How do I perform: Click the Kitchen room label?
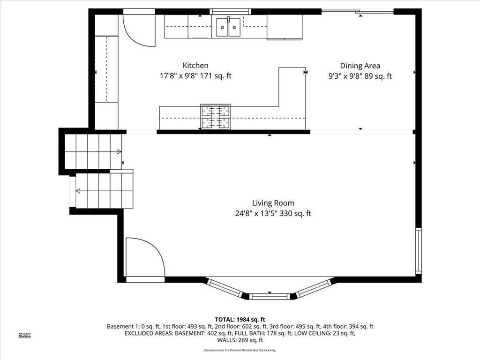195,66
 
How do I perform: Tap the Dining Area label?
360,66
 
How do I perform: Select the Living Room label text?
273,203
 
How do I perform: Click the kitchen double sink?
228,27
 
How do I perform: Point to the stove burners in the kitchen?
216,117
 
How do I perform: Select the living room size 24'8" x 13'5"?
255,213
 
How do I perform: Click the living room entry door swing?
144,258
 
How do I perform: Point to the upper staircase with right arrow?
93,151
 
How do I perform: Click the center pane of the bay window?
270,296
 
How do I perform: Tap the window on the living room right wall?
419,251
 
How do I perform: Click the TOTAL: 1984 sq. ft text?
240,319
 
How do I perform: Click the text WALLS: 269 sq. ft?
240,340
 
